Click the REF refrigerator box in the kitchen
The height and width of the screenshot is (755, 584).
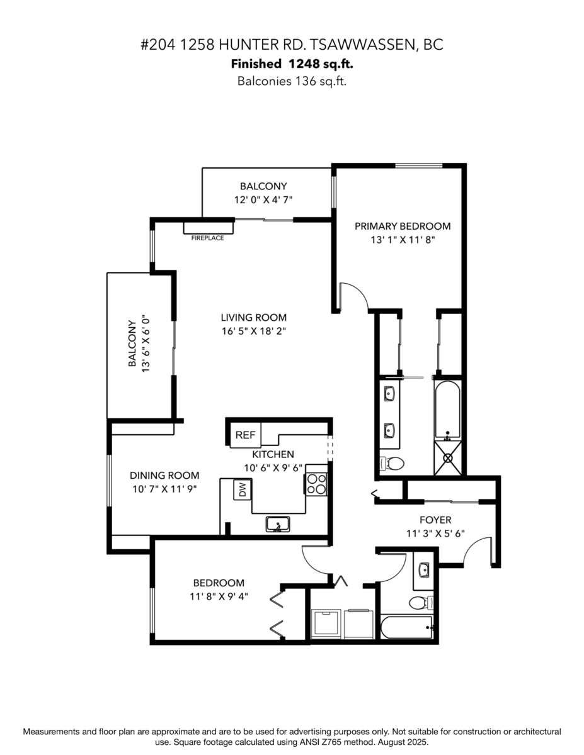tap(246, 435)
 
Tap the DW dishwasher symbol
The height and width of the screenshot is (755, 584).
tap(243, 489)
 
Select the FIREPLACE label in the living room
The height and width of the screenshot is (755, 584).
tap(207, 238)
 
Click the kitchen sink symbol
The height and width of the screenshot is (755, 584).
tap(278, 524)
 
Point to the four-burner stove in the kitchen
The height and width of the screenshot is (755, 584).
tap(316, 484)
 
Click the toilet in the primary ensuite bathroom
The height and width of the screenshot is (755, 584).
tap(392, 463)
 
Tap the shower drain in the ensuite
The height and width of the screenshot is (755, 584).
tap(448, 458)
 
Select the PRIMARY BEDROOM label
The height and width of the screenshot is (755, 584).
tap(403, 226)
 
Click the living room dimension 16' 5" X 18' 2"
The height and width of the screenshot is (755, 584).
tap(254, 331)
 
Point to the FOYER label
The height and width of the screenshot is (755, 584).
tap(435, 520)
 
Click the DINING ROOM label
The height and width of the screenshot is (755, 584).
tap(164, 475)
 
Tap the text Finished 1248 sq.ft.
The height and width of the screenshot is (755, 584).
tap(292, 64)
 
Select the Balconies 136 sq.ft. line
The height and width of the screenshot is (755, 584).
tap(292, 81)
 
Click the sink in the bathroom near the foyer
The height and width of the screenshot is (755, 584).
tap(423, 569)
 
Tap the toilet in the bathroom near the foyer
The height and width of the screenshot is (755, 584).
tap(421, 603)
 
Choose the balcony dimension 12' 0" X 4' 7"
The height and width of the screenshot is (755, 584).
tap(263, 200)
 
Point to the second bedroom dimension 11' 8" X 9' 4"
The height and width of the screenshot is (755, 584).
tap(219, 596)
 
